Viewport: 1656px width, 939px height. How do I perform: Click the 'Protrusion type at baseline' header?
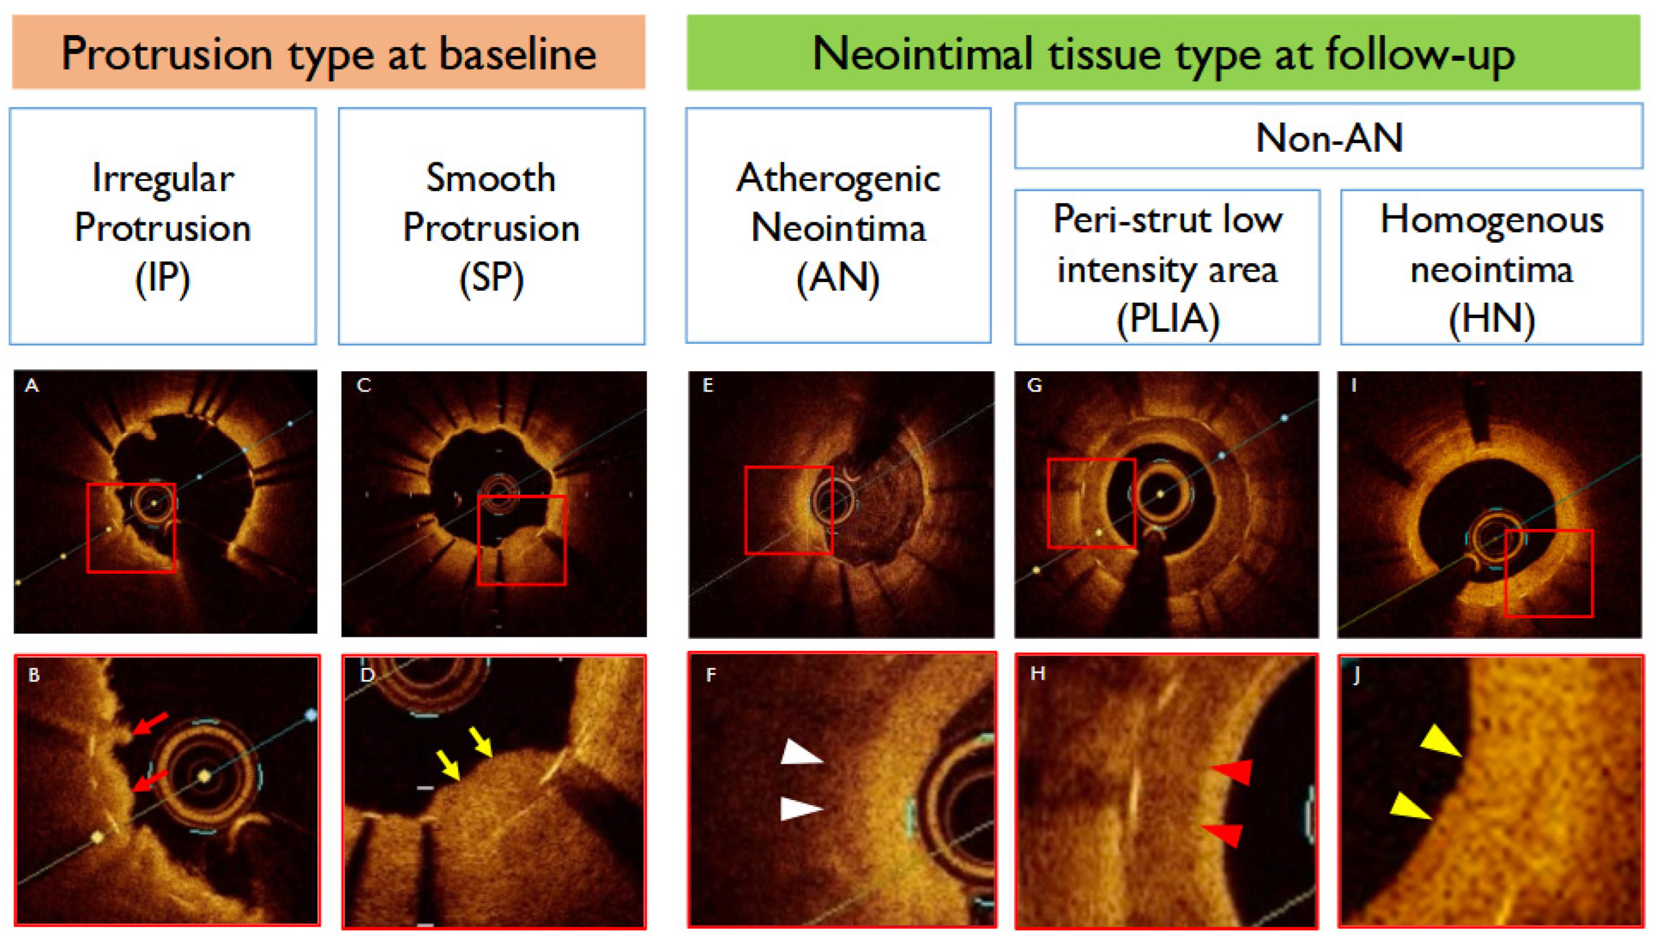[328, 53]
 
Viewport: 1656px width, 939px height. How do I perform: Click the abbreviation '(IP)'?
[162, 279]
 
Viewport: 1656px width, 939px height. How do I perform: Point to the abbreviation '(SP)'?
[491, 279]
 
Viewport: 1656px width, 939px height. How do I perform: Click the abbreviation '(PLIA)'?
[1168, 319]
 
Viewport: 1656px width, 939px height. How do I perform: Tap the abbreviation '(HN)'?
[1492, 319]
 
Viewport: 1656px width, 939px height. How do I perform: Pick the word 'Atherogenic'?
[839, 178]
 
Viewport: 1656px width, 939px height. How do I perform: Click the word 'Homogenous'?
[1492, 219]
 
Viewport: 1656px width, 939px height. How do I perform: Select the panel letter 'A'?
[32, 386]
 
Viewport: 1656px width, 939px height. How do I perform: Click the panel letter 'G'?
[1035, 386]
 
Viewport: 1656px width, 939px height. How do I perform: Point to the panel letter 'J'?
[1356, 675]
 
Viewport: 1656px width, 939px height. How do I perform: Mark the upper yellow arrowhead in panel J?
[1441, 740]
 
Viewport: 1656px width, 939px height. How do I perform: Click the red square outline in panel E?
[746, 509]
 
